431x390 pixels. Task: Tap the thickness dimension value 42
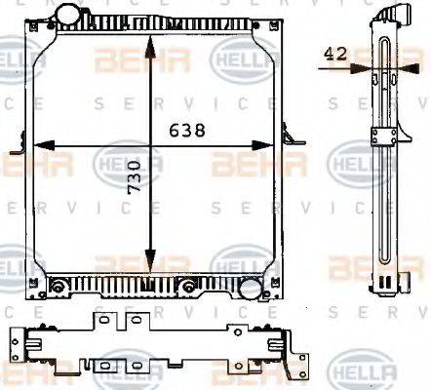coord(336,56)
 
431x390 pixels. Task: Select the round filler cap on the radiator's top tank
coord(71,16)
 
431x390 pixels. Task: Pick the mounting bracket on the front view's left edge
coord(18,149)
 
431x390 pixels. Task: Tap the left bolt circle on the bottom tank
coord(58,286)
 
